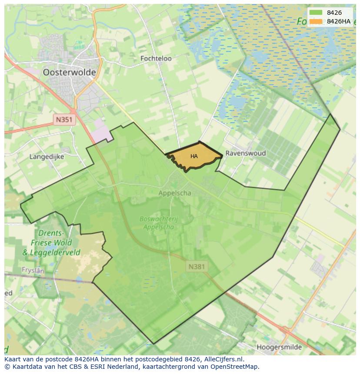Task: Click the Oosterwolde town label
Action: coord(69,73)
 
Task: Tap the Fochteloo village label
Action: coord(156,58)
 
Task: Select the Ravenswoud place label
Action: coord(245,153)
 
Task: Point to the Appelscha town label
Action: coord(174,193)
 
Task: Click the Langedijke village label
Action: coord(47,156)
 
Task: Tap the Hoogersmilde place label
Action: coord(279,347)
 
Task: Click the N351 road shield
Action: coord(65,120)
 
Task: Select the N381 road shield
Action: coord(197,266)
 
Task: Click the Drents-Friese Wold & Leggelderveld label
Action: coord(51,243)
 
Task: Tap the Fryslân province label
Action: coord(33,270)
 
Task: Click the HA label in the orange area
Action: coord(194,156)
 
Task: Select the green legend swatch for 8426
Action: coord(316,13)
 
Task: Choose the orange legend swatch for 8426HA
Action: coord(316,21)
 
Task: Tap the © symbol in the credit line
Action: coord(7,367)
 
